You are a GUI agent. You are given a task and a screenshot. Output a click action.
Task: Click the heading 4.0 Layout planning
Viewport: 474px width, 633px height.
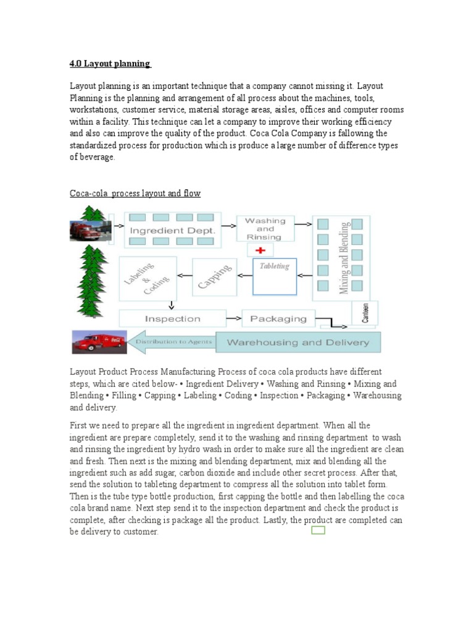(x=110, y=64)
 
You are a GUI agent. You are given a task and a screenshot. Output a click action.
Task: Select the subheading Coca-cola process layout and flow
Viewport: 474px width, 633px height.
(x=135, y=193)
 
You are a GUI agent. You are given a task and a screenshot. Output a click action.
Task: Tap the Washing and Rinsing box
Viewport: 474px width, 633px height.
(x=265, y=229)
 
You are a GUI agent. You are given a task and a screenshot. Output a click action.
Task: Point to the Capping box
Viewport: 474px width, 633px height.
(x=215, y=276)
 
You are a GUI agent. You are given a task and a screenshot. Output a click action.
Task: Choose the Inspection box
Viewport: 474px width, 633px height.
(x=172, y=319)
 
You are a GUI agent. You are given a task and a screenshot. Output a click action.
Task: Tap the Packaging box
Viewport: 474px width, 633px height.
(x=278, y=319)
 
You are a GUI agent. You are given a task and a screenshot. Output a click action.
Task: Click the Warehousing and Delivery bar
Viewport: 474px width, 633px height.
(x=298, y=342)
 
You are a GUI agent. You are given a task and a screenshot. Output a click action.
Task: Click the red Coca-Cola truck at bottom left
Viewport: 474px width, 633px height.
(x=99, y=341)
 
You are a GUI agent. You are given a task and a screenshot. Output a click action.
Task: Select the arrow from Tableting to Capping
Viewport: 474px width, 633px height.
(x=244, y=276)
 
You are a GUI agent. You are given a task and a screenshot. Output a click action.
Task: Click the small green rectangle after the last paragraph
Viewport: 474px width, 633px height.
(x=318, y=530)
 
